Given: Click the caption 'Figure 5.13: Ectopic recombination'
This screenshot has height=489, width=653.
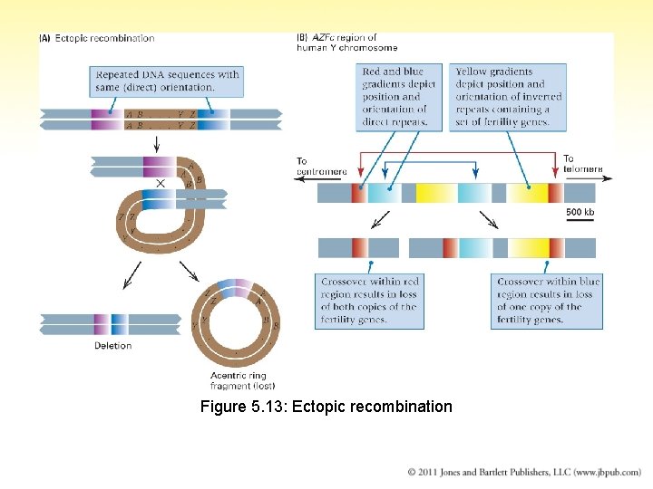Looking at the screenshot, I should coord(326,407).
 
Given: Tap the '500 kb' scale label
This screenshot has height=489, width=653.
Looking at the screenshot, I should coord(580,213).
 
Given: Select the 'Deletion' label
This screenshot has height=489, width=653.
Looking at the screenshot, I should coord(112,345).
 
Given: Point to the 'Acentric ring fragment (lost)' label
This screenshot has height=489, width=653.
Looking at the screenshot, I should coord(238,380).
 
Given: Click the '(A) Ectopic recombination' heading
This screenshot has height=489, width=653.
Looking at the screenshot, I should coord(97,38).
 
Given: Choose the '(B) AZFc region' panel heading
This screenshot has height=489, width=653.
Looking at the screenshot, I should coord(347,43).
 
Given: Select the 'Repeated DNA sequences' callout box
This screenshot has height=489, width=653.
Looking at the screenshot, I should coord(166,81).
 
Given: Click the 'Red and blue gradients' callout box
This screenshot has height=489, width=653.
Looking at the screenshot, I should coord(399,97).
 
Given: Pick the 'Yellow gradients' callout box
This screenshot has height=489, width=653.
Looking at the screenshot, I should coord(508,97).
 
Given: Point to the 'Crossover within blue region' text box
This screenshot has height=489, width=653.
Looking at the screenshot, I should coord(548,301).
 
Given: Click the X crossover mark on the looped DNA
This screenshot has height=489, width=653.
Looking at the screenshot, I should coord(161,183).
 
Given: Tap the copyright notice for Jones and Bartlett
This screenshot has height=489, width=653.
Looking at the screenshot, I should coord(523,472).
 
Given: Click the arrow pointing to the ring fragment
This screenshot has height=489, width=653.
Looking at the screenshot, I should coord(190,271).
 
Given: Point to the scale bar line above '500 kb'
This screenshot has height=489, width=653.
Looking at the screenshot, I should coord(580,205).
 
